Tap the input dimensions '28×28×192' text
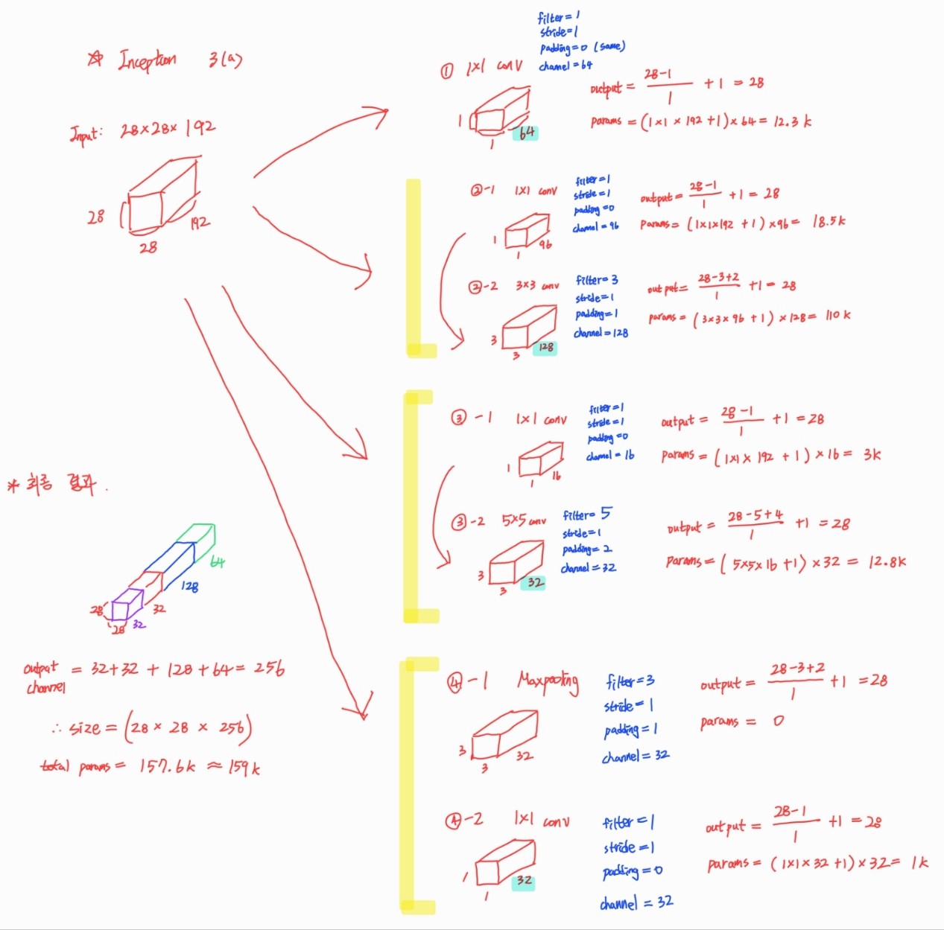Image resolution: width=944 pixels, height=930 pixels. (x=168, y=129)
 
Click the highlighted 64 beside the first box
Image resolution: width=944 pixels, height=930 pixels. (x=527, y=133)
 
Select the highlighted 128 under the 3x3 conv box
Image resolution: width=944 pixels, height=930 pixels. (x=546, y=347)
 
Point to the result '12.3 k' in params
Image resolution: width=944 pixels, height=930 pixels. (x=792, y=121)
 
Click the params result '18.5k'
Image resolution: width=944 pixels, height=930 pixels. (x=828, y=222)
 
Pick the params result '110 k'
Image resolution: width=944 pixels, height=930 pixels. (x=837, y=316)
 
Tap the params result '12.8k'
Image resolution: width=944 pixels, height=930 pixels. (x=887, y=561)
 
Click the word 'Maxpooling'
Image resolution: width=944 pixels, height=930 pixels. (x=548, y=681)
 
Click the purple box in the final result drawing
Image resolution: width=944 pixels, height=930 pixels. (x=127, y=604)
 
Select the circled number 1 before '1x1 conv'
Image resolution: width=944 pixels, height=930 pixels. (x=446, y=71)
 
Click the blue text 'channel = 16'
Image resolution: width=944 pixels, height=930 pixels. (x=610, y=455)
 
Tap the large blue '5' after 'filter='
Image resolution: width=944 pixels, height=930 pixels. (x=606, y=513)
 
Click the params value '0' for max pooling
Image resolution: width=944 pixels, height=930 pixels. (x=777, y=721)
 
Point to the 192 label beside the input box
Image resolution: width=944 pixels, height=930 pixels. (x=199, y=222)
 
